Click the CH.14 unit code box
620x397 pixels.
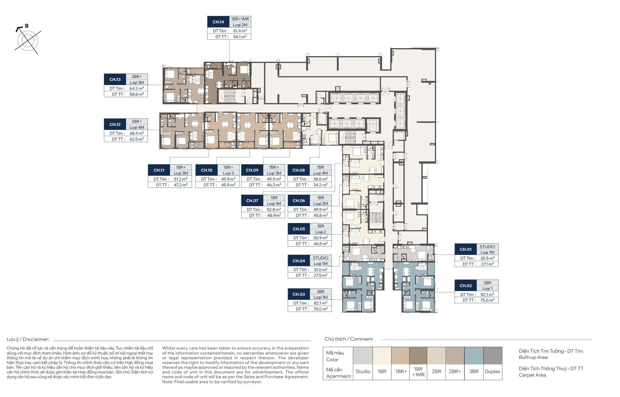(218, 22)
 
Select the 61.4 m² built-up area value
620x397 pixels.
(240, 31)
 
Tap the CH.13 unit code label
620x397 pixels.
(115, 79)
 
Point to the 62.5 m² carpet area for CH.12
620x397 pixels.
(137, 139)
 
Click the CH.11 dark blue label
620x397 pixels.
(159, 170)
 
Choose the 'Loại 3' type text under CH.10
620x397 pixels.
(229, 173)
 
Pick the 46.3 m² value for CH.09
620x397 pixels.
(274, 185)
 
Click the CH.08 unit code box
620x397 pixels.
(298, 170)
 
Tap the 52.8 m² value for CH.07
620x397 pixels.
(274, 209)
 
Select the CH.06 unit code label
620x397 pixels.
(298, 201)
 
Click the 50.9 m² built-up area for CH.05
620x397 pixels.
(320, 238)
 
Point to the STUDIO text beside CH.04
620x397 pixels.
(321, 258)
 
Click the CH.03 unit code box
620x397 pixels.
(298, 294)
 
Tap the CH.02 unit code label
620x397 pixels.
(466, 286)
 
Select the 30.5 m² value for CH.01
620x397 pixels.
(487, 258)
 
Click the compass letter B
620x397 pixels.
(27, 26)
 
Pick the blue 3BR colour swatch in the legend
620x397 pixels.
(474, 356)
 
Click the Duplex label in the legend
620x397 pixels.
(492, 371)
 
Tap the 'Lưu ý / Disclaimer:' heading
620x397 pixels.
(28, 339)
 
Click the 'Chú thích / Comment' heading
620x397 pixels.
(349, 339)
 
